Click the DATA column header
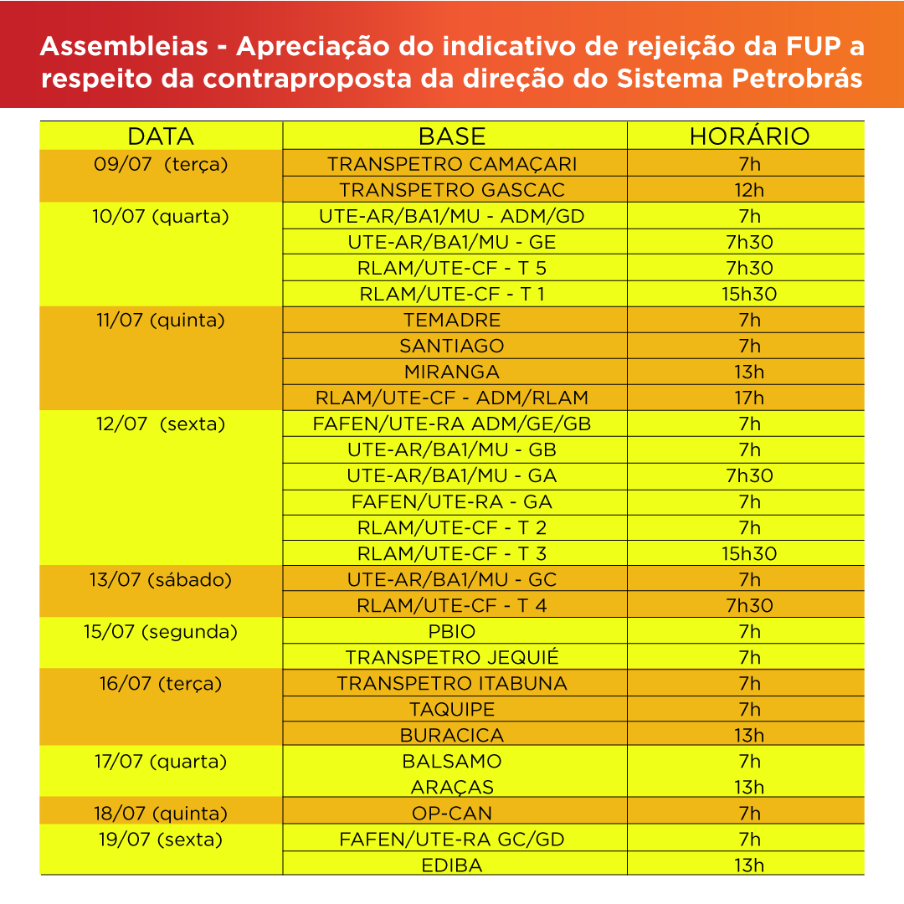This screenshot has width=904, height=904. tap(161, 136)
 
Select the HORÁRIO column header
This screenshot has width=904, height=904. tap(749, 136)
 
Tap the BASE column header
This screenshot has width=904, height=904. tap(452, 136)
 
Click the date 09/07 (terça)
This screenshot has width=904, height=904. tap(161, 164)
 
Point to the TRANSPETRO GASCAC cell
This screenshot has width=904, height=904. tap(452, 190)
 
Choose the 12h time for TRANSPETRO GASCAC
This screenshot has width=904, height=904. tap(749, 190)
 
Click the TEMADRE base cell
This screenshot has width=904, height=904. tap(452, 320)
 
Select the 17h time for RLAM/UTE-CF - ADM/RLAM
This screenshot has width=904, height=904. tap(749, 398)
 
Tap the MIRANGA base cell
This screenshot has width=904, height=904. tap(452, 372)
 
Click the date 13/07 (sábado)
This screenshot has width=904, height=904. tap(161, 579)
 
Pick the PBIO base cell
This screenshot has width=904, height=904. tap(452, 632)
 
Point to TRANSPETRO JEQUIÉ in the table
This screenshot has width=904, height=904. tap(452, 657)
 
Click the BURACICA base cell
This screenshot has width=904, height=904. tap(452, 736)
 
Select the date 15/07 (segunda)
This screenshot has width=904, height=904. tap(161, 632)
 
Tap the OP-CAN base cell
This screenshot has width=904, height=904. tap(452, 814)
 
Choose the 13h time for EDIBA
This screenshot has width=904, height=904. tap(749, 865)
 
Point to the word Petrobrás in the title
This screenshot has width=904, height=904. tap(798, 79)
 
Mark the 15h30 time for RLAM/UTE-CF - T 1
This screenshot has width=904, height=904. tap(749, 294)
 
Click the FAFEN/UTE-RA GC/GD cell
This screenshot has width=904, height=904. tap(452, 840)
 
